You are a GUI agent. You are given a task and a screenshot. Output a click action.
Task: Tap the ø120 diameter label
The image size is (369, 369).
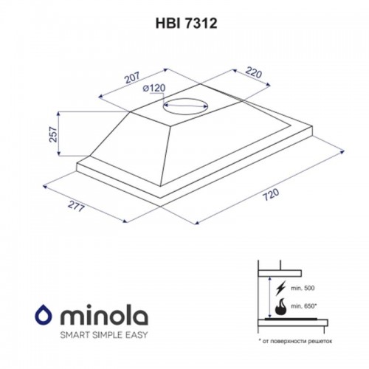pos(154,89)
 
